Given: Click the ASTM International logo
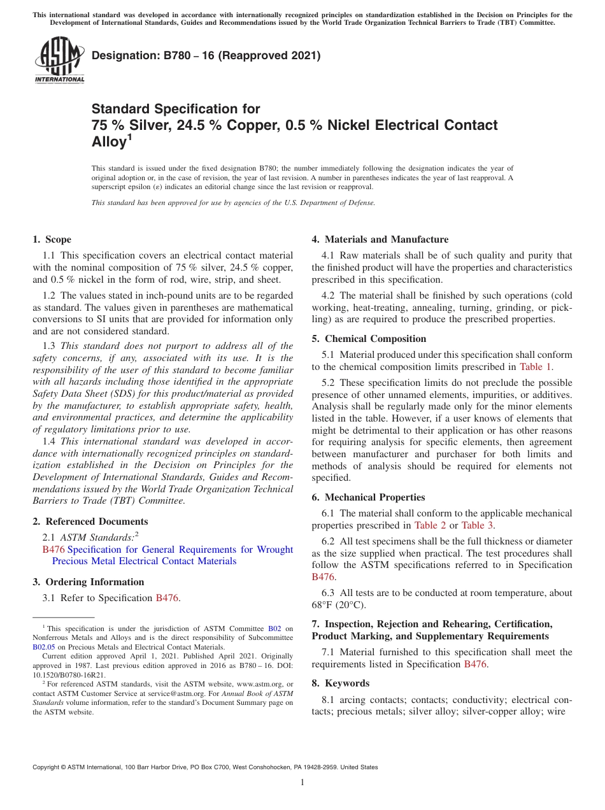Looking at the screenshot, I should click(59, 60).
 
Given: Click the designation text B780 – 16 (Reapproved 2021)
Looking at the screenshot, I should click(206, 56).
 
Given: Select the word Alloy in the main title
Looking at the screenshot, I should click(109, 143).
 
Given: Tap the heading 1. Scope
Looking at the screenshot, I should click(52, 239).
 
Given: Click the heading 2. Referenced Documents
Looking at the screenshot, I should click(81, 522).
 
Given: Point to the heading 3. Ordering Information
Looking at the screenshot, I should click(88, 581).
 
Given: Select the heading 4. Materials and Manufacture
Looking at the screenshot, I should click(380, 239).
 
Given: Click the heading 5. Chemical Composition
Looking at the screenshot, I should click(369, 339).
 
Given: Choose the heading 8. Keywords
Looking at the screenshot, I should click(340, 683).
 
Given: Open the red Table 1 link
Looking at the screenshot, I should click(536, 367).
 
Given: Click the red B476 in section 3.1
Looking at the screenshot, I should click(167, 598).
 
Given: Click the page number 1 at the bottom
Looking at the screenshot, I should click(302, 783).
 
